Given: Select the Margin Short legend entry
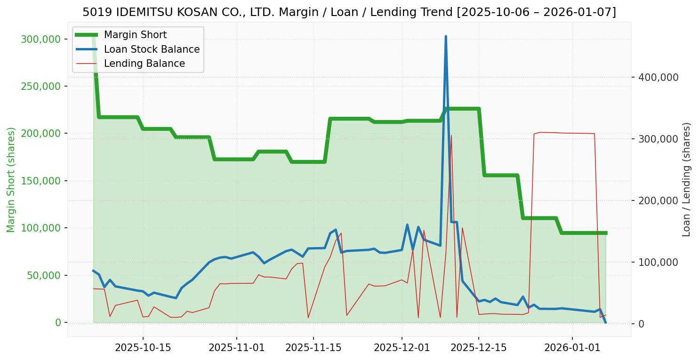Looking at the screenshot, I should (135, 35).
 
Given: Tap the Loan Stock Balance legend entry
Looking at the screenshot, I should (152, 49).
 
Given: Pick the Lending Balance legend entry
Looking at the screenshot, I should (144, 64).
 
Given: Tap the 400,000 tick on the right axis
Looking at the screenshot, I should (659, 77).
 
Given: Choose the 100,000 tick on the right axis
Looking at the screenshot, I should (659, 262).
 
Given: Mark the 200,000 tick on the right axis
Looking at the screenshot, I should (659, 200).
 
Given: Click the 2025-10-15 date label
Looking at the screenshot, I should (143, 348).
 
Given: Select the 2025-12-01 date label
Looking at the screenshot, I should (402, 348).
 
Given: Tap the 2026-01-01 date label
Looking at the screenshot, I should (572, 348).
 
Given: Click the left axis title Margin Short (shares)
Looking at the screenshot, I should (11, 180).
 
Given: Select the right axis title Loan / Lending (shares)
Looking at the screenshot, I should (687, 179).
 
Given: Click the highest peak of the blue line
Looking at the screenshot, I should (446, 36).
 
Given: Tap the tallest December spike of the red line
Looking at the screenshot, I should (451, 136).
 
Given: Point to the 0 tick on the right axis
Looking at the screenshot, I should (641, 324).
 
